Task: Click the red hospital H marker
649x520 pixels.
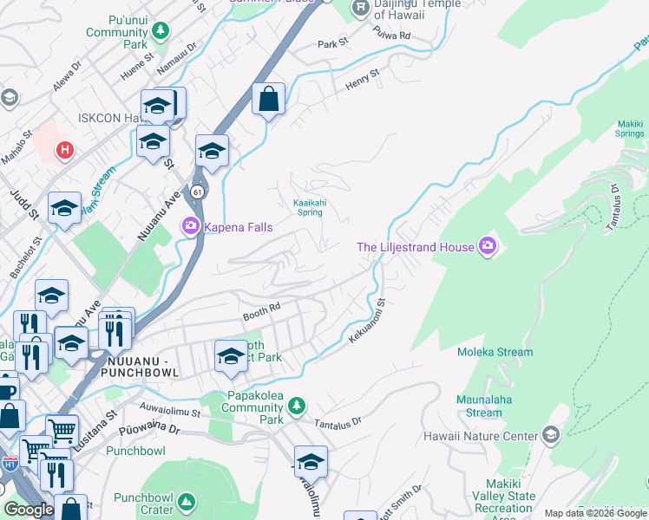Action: click(x=63, y=151)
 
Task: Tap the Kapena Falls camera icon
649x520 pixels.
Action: click(x=190, y=227)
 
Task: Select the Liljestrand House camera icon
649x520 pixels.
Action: click(x=488, y=247)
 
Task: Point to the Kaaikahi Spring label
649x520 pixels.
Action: click(x=311, y=207)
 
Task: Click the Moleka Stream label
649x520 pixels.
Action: click(x=495, y=352)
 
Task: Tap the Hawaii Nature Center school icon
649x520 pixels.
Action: click(x=550, y=434)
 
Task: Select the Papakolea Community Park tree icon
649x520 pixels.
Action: click(x=297, y=405)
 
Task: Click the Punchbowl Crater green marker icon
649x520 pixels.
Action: click(x=186, y=502)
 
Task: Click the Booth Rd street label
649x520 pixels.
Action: click(x=261, y=309)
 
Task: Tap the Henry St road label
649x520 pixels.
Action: click(x=363, y=79)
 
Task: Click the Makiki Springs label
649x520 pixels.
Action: click(x=630, y=129)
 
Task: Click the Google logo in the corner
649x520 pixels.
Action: click(x=29, y=510)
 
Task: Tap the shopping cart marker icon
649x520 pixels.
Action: click(x=62, y=429)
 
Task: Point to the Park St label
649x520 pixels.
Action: click(x=332, y=43)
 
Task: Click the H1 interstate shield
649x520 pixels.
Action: click(x=10, y=465)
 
